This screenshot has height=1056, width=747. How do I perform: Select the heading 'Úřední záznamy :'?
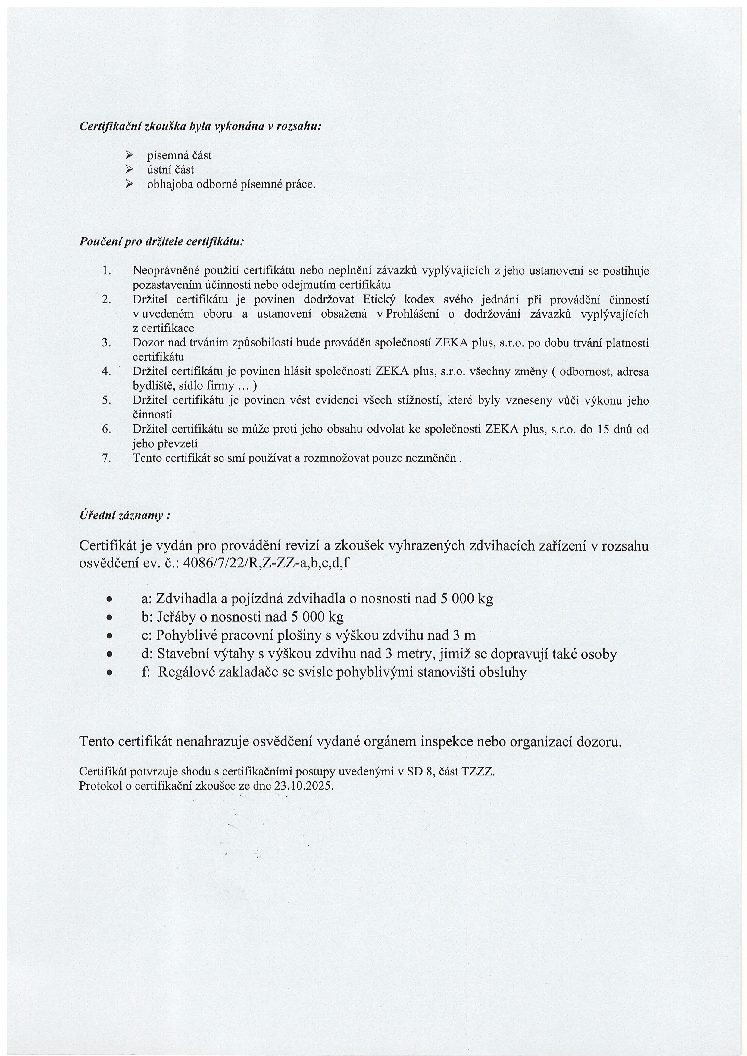click(125, 516)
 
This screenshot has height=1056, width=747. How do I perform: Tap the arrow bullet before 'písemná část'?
click(129, 155)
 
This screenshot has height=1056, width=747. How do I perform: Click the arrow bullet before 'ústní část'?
click(129, 170)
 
